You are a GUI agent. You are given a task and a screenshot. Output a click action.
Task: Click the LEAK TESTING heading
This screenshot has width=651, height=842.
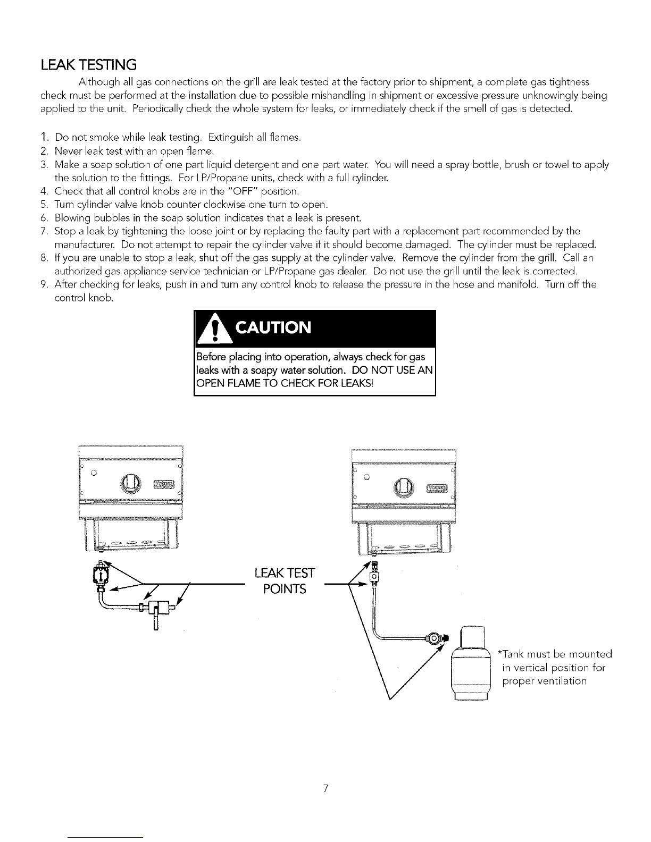[x=89, y=65]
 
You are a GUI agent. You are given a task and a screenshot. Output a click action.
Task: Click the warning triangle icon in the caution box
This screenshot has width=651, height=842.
[x=214, y=331]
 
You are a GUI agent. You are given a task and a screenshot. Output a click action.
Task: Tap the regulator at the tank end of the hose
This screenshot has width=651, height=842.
[x=436, y=638]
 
